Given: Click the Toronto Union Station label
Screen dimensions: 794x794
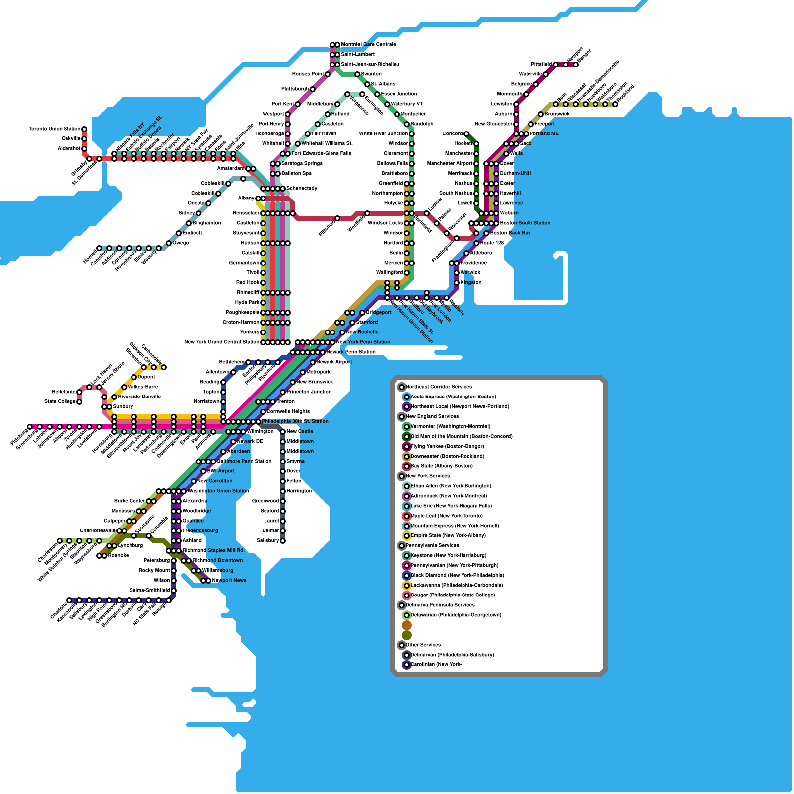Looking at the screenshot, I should coord(54,129).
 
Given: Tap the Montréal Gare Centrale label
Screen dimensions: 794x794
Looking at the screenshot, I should coord(368,45).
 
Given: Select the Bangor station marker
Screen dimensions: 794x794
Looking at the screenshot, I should coord(576,65).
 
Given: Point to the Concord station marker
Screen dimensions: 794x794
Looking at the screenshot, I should coord(466,134).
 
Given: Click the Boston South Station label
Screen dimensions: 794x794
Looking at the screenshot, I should coord(525,223).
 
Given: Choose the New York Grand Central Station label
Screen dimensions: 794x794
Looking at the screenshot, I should coord(221,342).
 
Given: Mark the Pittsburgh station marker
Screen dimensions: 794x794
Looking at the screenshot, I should coord(30,427).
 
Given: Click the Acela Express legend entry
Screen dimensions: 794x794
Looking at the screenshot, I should coord(453,397).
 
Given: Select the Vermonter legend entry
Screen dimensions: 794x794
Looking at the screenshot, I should coord(450,427).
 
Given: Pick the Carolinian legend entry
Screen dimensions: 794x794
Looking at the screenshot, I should coord(436,665).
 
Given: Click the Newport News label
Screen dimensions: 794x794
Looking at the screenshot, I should coord(229,581).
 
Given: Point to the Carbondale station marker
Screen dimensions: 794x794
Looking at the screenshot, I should coord(164,367).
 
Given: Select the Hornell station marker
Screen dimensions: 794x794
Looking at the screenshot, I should coord(99,248).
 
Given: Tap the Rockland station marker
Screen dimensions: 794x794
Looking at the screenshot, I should coord(615,104).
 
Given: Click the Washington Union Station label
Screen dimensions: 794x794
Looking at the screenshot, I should coord(218,491).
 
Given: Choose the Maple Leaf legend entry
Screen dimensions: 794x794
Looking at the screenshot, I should coord(447,516).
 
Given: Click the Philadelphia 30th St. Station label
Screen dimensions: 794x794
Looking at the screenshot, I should coord(295,422).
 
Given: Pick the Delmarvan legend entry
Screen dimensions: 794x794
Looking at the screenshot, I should coord(452,655).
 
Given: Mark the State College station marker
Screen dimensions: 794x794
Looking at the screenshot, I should coord(79,402).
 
